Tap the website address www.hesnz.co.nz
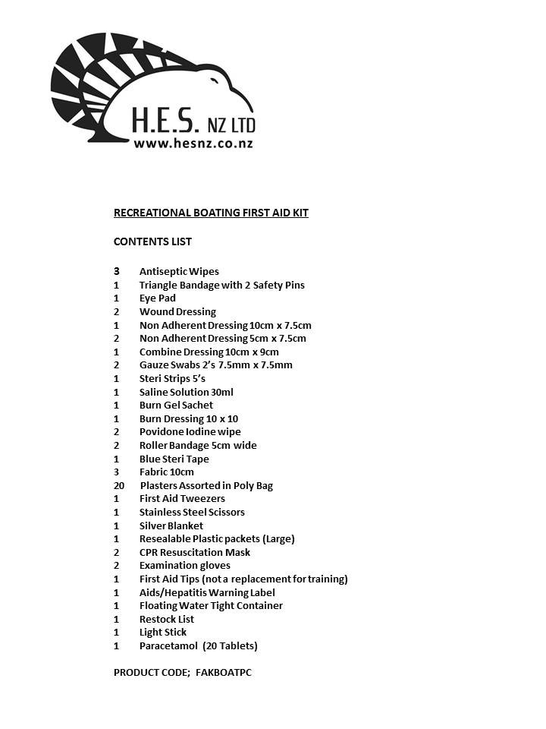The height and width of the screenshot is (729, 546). coord(193,143)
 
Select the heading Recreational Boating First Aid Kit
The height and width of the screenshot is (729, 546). coord(211,213)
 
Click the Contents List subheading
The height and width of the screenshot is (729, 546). coord(152,241)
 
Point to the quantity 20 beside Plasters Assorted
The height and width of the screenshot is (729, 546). coord(119,485)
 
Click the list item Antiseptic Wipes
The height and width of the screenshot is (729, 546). coord(179,271)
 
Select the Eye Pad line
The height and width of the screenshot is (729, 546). coord(157,298)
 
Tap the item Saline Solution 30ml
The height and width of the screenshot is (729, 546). coord(186,392)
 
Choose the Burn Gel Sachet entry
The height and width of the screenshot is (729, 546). coord(176,406)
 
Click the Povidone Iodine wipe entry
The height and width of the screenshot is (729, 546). coord(190,432)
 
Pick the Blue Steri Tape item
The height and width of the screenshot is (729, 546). coord(174,459)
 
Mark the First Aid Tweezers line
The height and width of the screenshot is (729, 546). coord(182,499)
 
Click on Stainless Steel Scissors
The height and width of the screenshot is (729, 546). coord(192,512)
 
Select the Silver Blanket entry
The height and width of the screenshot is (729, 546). coord(171,525)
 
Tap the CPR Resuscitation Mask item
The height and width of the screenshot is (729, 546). coord(194,552)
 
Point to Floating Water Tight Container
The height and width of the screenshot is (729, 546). coord(211,605)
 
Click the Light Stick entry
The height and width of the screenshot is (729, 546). coord(162,632)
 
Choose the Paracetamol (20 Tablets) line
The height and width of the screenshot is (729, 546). coord(198,645)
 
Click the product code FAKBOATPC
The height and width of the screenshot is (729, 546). coord(224,672)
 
